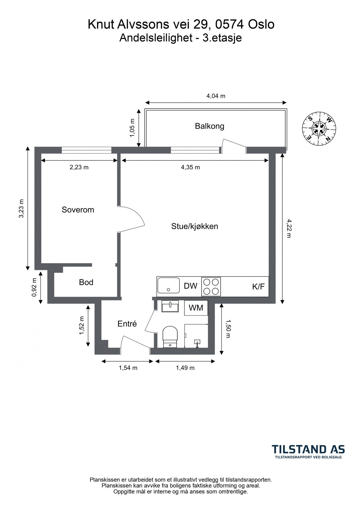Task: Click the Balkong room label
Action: [x=210, y=126]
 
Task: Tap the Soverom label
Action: [x=78, y=210]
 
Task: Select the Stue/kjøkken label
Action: [x=195, y=226]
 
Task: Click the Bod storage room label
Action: [x=86, y=282]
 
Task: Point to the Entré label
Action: [x=127, y=324]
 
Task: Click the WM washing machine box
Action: [x=196, y=308]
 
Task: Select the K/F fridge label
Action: [x=258, y=287]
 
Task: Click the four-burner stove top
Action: [x=211, y=286]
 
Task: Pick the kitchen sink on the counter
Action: [x=168, y=286]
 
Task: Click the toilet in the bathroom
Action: [x=170, y=336]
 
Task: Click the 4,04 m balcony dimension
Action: [x=216, y=96]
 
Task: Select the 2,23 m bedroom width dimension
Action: [x=79, y=167]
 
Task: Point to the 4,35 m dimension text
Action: [x=190, y=167]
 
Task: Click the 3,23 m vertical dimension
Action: [x=21, y=208]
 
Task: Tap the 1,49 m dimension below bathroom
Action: [x=185, y=368]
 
